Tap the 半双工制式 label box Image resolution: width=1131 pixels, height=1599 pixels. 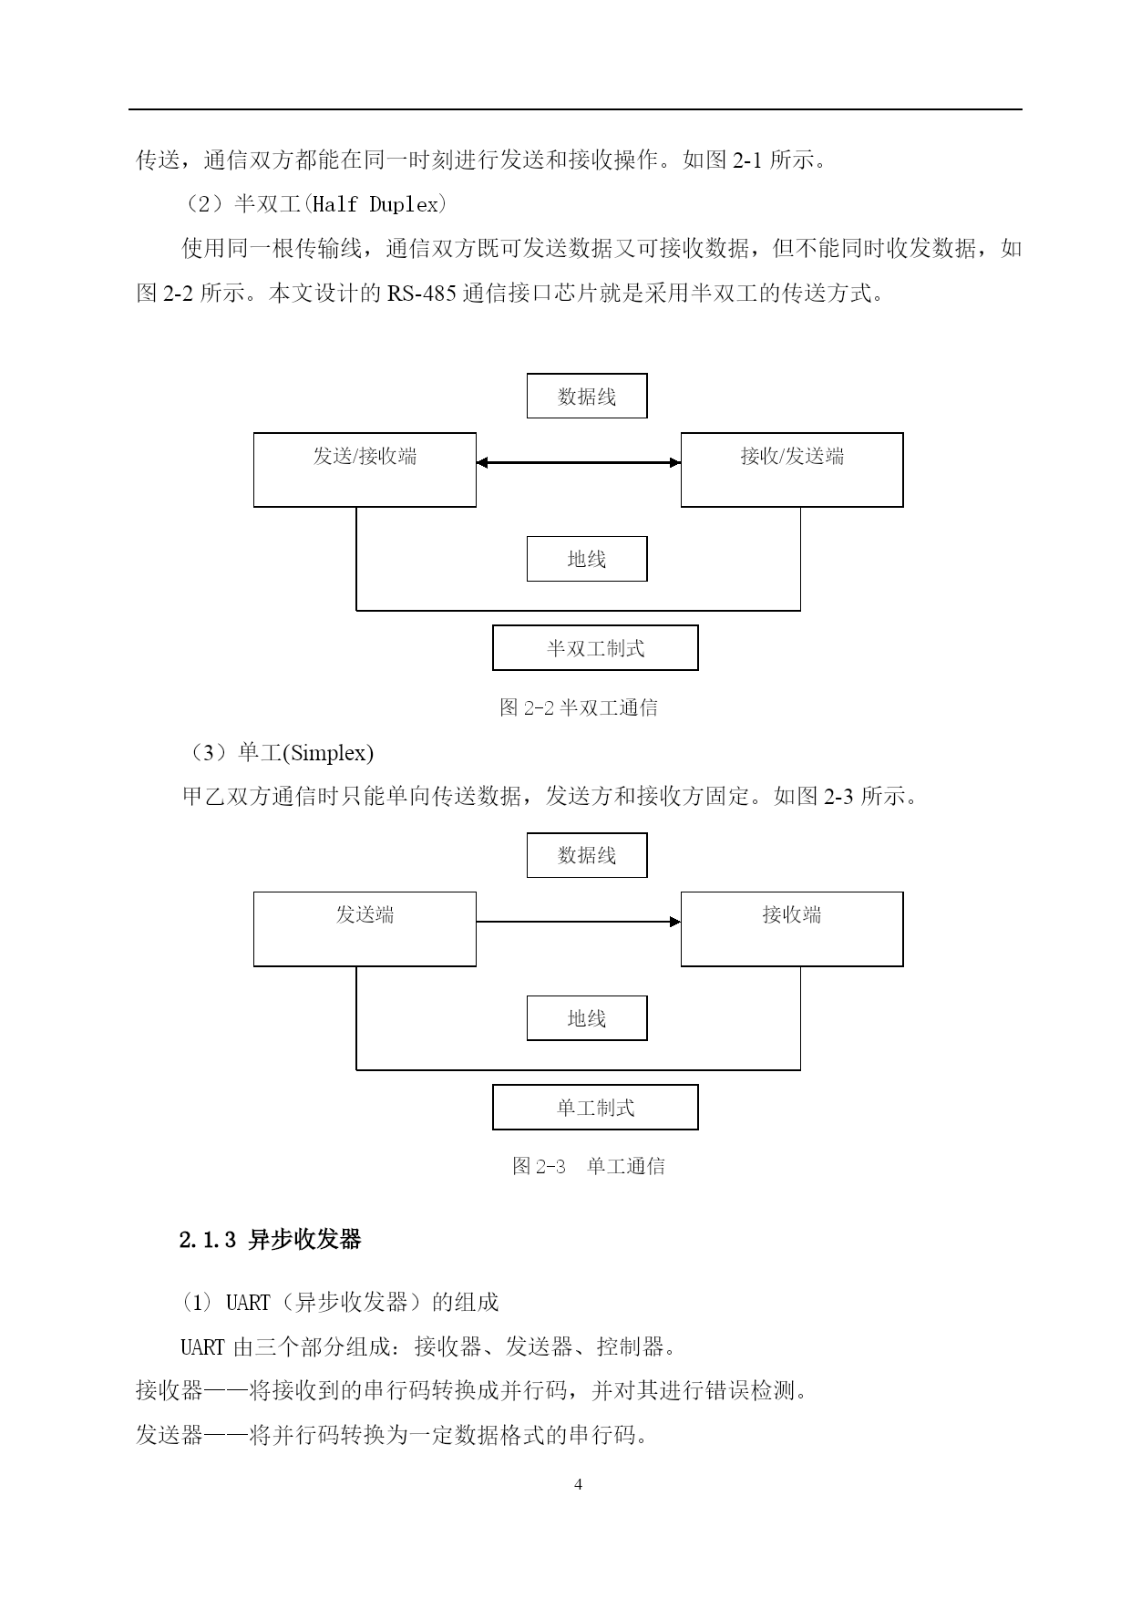click(595, 648)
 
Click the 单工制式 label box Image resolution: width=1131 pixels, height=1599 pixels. click(595, 1108)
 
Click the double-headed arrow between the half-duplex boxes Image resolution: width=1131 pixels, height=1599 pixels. click(579, 463)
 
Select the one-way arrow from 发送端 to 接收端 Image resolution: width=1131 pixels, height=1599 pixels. click(579, 922)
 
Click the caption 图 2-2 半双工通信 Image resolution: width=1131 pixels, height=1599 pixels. click(579, 707)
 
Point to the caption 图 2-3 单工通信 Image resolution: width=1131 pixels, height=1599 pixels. click(589, 1166)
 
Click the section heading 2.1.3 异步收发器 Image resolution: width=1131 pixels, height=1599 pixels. click(271, 1240)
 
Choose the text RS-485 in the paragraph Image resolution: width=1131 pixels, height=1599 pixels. click(422, 294)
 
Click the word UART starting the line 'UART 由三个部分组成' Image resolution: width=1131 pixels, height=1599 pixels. click(202, 1346)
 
